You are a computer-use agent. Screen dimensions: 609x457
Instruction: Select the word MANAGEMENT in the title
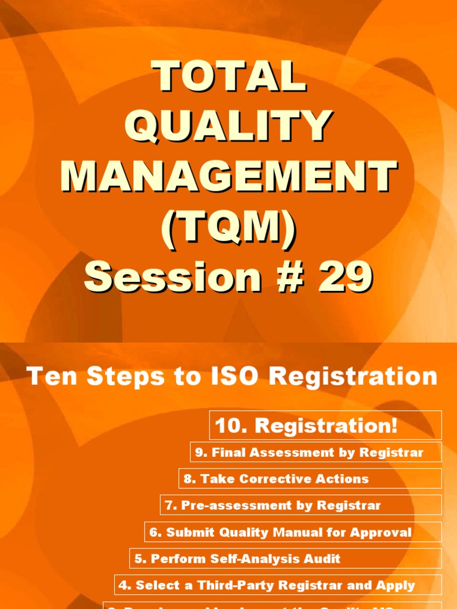[228, 177]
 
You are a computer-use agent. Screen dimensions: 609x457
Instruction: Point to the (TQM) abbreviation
[228, 227]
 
